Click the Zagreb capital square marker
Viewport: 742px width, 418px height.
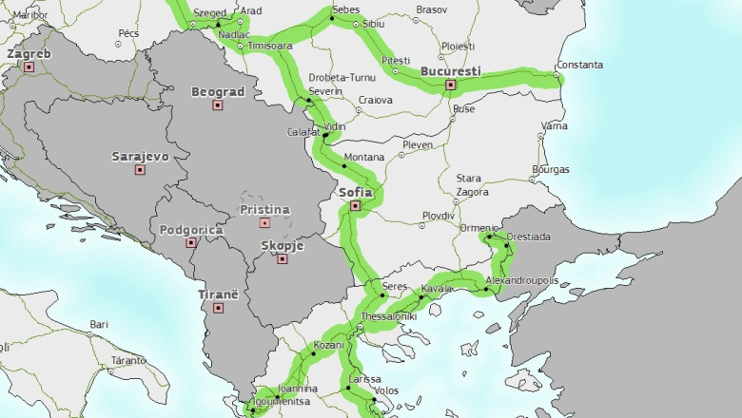point(29,67)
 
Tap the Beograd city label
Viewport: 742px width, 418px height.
point(218,92)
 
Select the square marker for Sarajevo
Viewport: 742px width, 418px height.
point(140,170)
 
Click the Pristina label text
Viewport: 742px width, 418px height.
point(264,209)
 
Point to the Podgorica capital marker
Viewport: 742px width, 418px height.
point(191,243)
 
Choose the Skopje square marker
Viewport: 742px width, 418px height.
point(282,258)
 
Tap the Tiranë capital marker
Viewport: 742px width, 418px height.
point(218,308)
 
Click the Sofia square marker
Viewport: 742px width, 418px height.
point(355,205)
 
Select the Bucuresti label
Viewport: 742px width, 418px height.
point(450,71)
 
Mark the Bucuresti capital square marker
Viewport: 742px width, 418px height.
point(451,85)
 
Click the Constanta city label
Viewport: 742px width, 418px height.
point(579,65)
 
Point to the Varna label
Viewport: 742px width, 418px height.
point(554,125)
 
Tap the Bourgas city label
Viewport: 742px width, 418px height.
point(550,169)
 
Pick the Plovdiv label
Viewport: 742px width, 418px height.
point(439,216)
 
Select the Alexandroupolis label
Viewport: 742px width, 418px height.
point(521,281)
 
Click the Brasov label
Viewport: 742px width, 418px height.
point(431,9)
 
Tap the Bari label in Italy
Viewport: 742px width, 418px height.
point(99,324)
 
